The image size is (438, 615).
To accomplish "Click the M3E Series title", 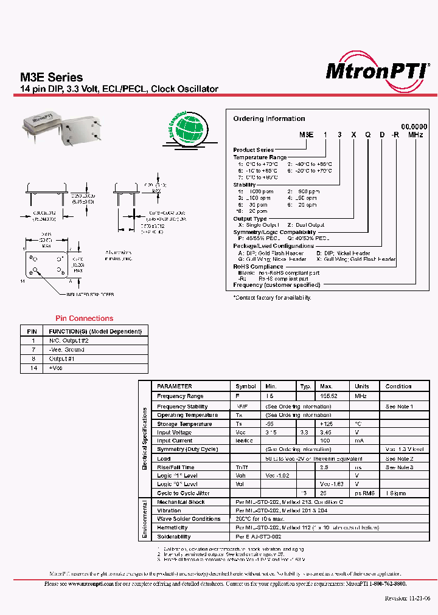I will [x=52, y=77].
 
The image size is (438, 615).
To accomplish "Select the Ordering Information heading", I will [x=269, y=119].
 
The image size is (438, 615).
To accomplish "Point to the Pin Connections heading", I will [x=84, y=318].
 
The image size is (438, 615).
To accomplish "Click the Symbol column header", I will [x=246, y=387].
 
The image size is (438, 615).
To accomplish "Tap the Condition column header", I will [x=398, y=387].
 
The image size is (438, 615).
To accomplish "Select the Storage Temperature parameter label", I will [x=184, y=424].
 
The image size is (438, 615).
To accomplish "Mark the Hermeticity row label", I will [x=172, y=528].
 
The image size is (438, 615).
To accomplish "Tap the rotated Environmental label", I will [x=145, y=520].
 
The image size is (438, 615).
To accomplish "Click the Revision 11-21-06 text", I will [x=408, y=598].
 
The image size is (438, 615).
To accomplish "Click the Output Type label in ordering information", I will [x=250, y=219].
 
